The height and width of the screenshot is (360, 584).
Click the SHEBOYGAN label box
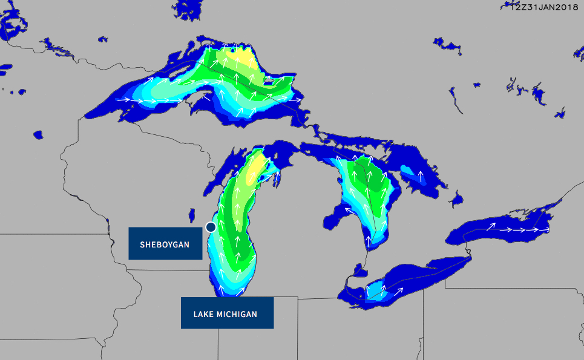tap(165, 244)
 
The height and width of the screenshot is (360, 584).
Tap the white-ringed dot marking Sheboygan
tap(211, 227)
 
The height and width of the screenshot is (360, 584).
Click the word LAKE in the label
tap(203, 314)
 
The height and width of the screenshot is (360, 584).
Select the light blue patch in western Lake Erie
tap(375, 290)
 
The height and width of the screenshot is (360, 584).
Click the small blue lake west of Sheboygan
tap(192, 215)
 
